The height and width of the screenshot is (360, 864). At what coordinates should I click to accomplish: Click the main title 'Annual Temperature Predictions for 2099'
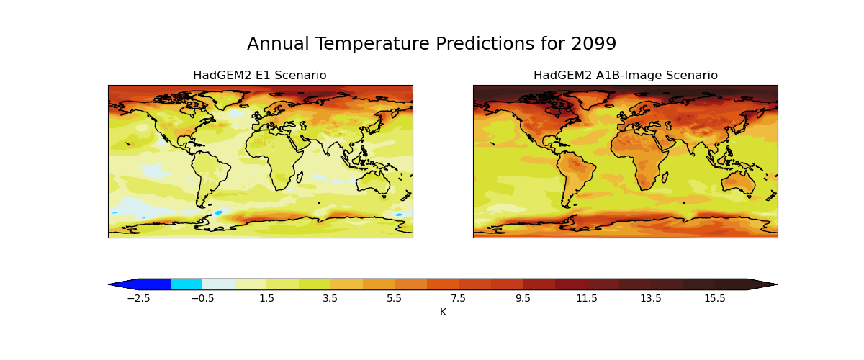(x=431, y=44)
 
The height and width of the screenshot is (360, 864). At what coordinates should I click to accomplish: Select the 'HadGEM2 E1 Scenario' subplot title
(x=259, y=76)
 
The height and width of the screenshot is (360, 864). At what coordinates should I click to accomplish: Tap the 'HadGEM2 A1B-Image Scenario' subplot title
(x=625, y=76)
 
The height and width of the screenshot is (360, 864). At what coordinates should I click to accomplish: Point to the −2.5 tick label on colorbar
(x=138, y=298)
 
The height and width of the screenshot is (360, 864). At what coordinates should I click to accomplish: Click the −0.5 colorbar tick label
(x=202, y=298)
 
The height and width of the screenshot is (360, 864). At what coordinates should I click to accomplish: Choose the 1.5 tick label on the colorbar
(x=266, y=298)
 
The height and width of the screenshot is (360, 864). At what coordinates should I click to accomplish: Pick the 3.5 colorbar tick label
(x=330, y=298)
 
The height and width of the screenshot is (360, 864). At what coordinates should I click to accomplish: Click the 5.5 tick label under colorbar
(x=395, y=298)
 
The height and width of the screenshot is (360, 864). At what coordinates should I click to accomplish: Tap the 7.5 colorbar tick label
(x=459, y=298)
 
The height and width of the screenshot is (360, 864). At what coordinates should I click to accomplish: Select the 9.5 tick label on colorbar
(x=523, y=298)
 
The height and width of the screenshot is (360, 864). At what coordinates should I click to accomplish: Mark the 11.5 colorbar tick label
(x=587, y=298)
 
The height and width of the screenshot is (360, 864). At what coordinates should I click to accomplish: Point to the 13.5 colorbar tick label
(x=651, y=298)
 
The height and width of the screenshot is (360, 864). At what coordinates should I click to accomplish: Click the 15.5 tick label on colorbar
(x=715, y=298)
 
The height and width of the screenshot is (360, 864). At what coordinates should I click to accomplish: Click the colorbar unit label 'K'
(x=443, y=312)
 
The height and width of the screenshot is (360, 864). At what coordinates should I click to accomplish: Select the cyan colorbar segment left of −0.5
(x=186, y=284)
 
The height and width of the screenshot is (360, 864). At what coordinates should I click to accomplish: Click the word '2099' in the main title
(x=593, y=44)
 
